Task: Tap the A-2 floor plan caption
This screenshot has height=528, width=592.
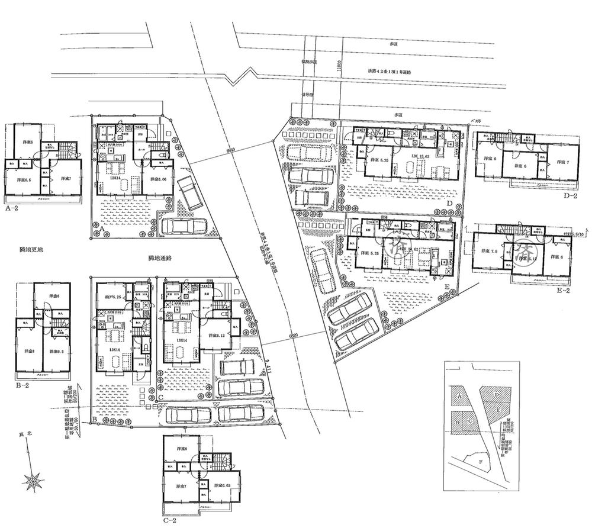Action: click(x=12, y=208)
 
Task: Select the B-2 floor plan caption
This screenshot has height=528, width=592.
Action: click(x=21, y=385)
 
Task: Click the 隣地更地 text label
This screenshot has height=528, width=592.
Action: click(x=23, y=250)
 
